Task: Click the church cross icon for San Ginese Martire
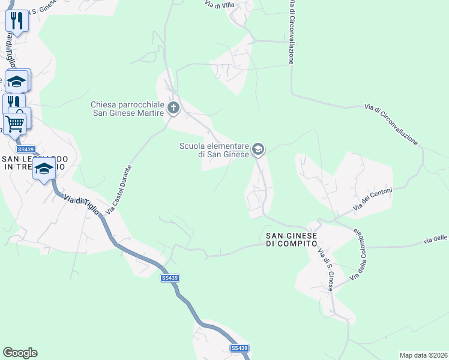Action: tap(173, 109)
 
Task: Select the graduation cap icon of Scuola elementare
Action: tap(258, 149)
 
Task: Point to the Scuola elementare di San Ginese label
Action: tap(214, 150)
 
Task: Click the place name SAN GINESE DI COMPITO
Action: tap(291, 239)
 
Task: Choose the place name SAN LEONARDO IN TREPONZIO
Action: tap(35, 163)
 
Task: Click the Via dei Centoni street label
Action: tap(373, 199)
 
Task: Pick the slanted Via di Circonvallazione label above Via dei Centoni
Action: tap(391, 124)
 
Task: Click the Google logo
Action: tap(20, 353)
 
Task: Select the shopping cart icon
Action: tap(15, 124)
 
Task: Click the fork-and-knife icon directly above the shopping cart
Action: tap(13, 103)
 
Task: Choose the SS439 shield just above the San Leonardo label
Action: tap(26, 149)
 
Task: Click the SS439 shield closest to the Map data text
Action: tap(239, 348)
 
